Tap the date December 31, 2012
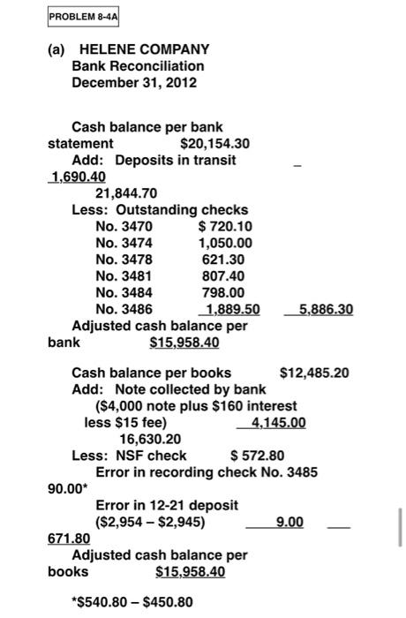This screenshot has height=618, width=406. pyautogui.click(x=134, y=82)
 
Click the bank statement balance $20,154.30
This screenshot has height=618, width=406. pyautogui.click(x=214, y=143)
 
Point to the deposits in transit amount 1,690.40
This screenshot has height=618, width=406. pyautogui.click(x=70, y=176)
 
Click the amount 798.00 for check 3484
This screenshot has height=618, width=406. pyautogui.click(x=223, y=293)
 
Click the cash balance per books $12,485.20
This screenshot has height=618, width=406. pyautogui.click(x=314, y=373)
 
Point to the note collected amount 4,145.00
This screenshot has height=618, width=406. pyautogui.click(x=279, y=423)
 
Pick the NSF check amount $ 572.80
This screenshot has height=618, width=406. pyautogui.click(x=257, y=456)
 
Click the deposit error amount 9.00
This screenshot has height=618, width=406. pyautogui.click(x=290, y=523)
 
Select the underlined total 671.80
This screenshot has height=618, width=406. pyautogui.click(x=68, y=539)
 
